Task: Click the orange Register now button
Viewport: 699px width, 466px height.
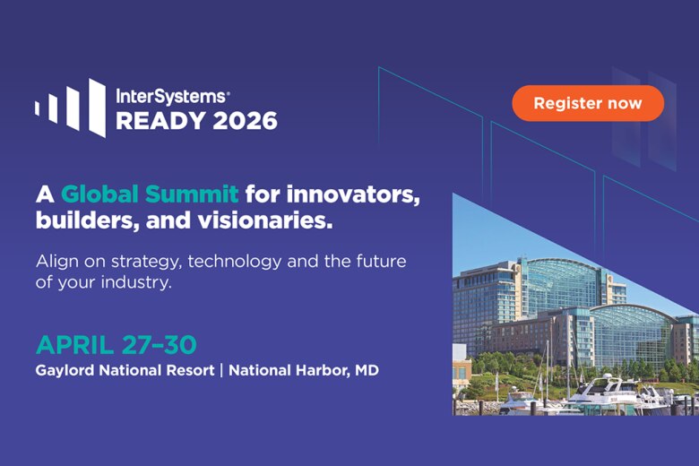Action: coord(588,103)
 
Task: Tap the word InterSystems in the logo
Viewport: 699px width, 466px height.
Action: coord(170,94)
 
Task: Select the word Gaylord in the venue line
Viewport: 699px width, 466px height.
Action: coord(65,369)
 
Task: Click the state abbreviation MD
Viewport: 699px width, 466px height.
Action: coord(366,369)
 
